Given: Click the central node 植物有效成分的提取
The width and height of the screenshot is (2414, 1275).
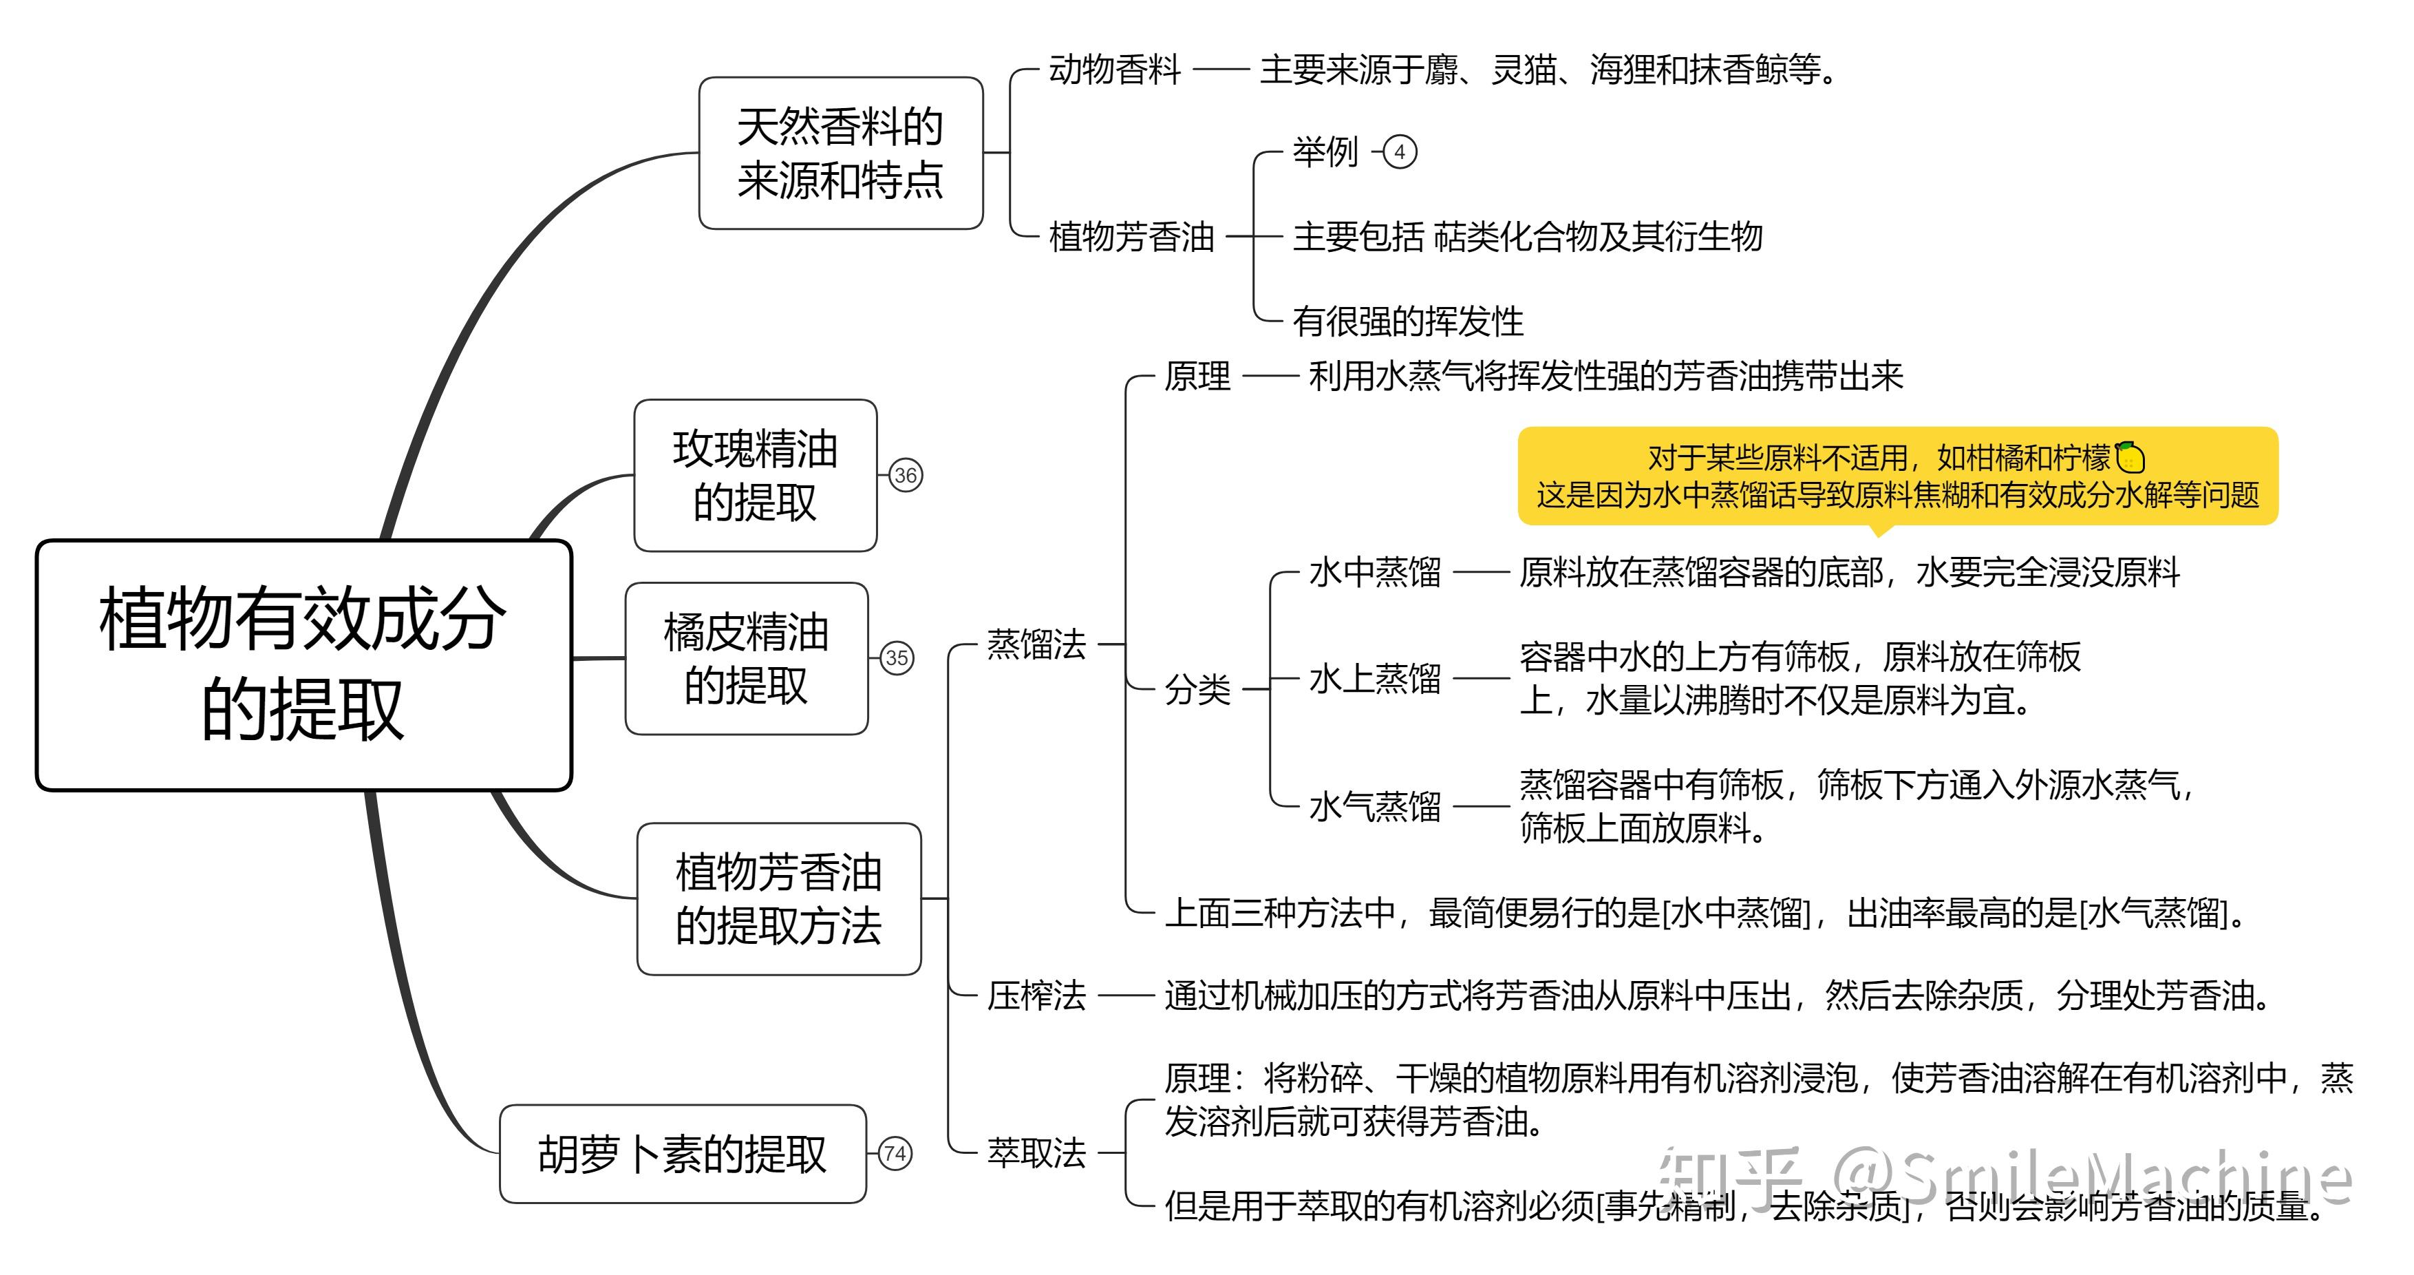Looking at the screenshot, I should click(x=303, y=664).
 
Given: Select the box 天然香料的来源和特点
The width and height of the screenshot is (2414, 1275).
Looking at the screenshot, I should click(x=841, y=153).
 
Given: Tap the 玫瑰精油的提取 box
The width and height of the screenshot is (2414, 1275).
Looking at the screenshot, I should click(x=756, y=475).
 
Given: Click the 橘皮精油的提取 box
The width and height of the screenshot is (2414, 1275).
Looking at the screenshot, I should click(x=746, y=658).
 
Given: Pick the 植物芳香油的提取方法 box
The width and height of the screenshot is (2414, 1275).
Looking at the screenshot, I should click(x=779, y=899).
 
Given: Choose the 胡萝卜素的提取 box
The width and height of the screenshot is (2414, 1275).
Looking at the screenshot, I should click(x=682, y=1153).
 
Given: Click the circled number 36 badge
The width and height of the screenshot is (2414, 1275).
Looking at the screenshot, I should click(x=906, y=475).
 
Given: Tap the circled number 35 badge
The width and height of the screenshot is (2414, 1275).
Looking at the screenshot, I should click(x=897, y=658).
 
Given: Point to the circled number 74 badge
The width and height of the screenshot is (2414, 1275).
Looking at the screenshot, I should click(x=895, y=1153).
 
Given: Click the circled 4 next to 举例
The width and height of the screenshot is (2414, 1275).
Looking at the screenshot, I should click(x=1400, y=152).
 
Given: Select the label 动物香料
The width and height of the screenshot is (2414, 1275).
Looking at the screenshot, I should click(x=1114, y=70).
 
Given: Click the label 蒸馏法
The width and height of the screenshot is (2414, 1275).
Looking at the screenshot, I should click(x=1036, y=644).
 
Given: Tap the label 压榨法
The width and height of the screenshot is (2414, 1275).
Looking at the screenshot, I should click(x=1036, y=995).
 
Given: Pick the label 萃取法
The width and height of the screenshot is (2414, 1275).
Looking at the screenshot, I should click(x=1036, y=1152).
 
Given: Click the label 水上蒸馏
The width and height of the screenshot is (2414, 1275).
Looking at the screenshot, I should click(x=1375, y=678).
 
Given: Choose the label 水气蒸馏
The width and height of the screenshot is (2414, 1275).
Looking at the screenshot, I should click(x=1375, y=806).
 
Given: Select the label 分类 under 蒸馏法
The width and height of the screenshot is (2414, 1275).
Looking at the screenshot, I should click(x=1197, y=689).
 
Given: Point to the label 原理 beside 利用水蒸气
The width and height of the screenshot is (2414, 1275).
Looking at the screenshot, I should click(x=1197, y=377).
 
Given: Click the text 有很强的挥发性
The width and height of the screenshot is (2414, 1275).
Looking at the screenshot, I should click(x=1407, y=322).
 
